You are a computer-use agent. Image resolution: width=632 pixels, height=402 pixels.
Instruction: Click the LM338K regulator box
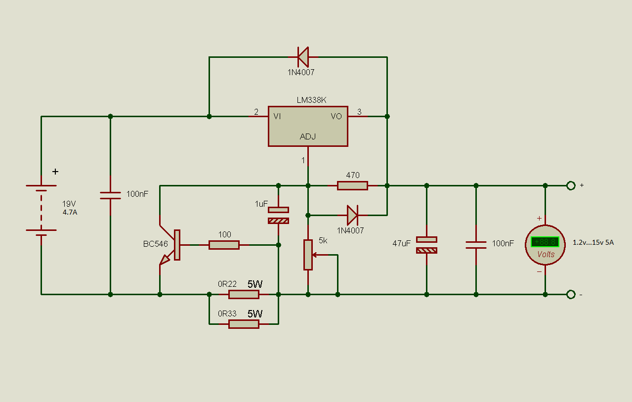pos(308,126)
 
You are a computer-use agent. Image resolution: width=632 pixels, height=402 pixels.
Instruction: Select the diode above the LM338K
pos(302,57)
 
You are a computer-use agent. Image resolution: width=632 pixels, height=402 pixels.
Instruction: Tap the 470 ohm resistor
pos(352,185)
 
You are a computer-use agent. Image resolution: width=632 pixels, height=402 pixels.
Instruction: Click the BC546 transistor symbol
pos(170,245)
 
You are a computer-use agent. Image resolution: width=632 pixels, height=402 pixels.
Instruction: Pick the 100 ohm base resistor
pos(224,245)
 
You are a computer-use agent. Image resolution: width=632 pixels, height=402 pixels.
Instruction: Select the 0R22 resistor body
pos(244,294)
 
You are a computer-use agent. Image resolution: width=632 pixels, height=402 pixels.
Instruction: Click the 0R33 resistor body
pos(244,324)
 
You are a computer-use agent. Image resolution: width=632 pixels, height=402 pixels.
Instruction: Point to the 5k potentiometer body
pos(308,255)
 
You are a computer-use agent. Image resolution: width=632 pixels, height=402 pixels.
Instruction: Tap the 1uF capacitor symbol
pos(278,215)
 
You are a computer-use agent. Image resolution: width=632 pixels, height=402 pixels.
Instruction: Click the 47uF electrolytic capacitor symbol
pos(426,245)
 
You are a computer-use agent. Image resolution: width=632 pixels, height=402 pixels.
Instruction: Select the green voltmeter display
pos(545,242)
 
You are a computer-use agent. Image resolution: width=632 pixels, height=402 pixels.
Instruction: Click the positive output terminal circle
pos(571,185)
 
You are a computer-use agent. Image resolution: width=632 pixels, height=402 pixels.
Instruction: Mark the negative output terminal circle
pos(571,294)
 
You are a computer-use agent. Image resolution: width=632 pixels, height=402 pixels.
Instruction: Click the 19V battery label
pos(70,204)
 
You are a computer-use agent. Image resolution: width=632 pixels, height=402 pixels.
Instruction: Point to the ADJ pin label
pos(308,136)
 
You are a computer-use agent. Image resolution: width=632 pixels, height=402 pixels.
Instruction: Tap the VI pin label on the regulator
pos(277,117)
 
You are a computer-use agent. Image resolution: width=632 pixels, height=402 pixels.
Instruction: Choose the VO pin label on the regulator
pos(337,117)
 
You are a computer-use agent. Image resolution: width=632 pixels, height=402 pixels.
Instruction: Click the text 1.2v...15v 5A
pos(593,243)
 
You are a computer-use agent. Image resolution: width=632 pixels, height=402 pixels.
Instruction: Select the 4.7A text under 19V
pos(70,212)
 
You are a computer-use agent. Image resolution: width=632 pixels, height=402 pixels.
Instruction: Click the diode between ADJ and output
pos(352,215)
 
